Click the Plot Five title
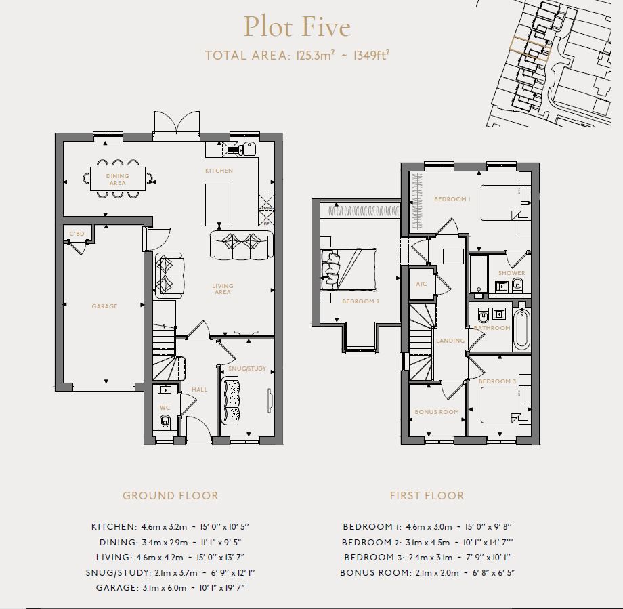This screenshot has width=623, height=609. [x=297, y=27]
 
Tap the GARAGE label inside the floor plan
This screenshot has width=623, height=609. [x=104, y=306]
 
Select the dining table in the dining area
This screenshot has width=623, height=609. [x=118, y=180]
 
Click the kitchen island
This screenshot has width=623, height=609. [x=219, y=205]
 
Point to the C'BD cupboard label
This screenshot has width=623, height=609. [x=77, y=234]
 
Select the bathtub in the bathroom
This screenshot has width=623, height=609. [x=521, y=329]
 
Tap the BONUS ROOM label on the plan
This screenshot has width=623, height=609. [x=437, y=412]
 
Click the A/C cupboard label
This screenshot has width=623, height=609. [x=421, y=285]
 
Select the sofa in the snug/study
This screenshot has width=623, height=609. [x=233, y=400]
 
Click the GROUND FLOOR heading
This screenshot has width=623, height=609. [x=170, y=496]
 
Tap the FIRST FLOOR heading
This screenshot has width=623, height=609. [x=427, y=496]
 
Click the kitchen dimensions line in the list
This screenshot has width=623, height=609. [x=173, y=527]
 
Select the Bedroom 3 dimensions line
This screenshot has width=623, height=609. [x=426, y=558]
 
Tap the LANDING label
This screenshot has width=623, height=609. [x=450, y=341]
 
